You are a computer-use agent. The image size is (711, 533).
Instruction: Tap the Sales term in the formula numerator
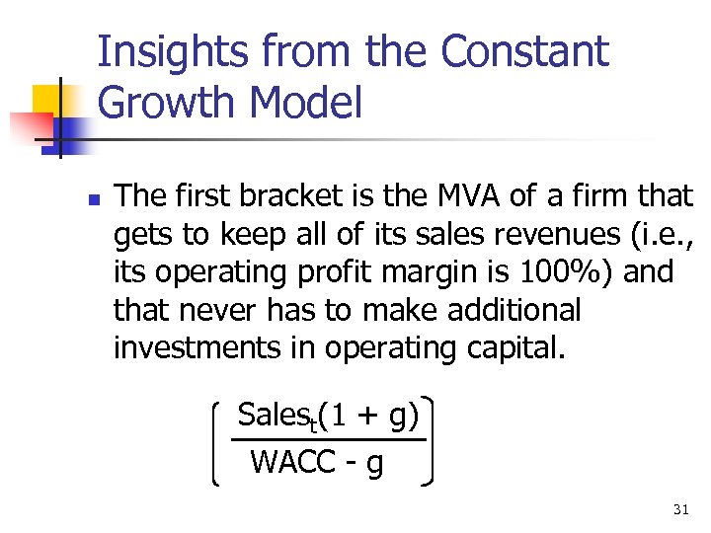[x=274, y=417]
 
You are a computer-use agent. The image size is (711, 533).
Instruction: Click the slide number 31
[x=680, y=509]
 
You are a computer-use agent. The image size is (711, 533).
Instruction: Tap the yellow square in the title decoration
[x=46, y=100]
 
